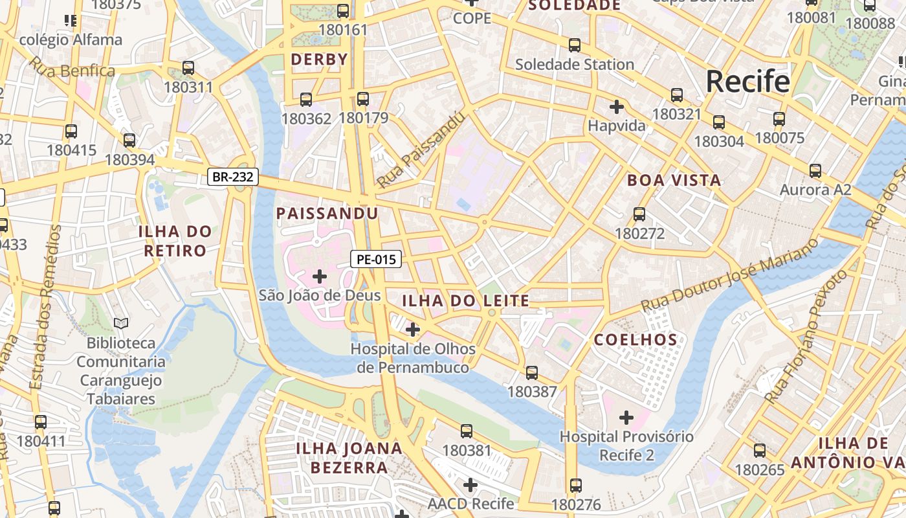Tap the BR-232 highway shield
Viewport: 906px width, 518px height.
233,177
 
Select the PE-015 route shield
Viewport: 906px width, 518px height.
376,260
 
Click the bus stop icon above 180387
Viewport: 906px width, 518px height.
532,372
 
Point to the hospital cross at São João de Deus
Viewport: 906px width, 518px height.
319,276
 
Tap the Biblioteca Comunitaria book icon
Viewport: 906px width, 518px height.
121,322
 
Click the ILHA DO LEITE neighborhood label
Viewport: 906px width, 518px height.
465,300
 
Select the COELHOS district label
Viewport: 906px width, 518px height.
635,339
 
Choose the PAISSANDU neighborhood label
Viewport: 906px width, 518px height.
327,213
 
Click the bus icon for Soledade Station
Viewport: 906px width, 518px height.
575,45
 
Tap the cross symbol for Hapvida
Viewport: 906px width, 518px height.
617,106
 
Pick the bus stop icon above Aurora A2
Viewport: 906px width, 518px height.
815,171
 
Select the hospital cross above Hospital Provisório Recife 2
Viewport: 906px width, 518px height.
626,418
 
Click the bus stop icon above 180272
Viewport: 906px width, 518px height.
639,214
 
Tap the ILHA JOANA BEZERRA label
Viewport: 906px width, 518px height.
349,457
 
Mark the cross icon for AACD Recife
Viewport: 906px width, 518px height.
470,484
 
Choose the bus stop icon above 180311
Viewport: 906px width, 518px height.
188,67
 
